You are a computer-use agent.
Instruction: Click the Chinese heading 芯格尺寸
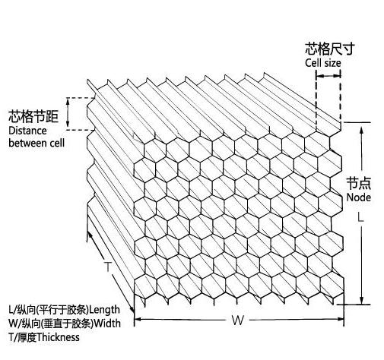click(329, 49)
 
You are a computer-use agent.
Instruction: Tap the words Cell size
click(323, 63)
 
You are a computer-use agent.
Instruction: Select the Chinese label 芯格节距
click(33, 116)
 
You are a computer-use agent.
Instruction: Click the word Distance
click(27, 131)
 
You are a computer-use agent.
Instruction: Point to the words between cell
click(36, 143)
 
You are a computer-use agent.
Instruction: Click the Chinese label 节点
click(359, 183)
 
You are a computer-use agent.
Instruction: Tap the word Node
click(358, 197)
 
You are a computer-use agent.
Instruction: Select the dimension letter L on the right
click(360, 217)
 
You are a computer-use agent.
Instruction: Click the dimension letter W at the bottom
click(238, 321)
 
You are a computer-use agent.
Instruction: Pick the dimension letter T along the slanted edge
click(108, 267)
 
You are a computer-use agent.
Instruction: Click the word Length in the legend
click(105, 310)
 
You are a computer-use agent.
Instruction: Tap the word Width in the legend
click(107, 324)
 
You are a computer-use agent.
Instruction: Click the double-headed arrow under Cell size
click(328, 75)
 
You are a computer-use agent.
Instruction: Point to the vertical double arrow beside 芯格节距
click(68, 112)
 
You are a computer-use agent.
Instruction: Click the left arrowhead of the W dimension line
click(137, 319)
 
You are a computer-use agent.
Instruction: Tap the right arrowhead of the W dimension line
click(341, 319)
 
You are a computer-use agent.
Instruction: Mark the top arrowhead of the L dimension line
click(362, 130)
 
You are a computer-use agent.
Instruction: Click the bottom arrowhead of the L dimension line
click(362, 301)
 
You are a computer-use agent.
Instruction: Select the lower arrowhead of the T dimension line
click(132, 310)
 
